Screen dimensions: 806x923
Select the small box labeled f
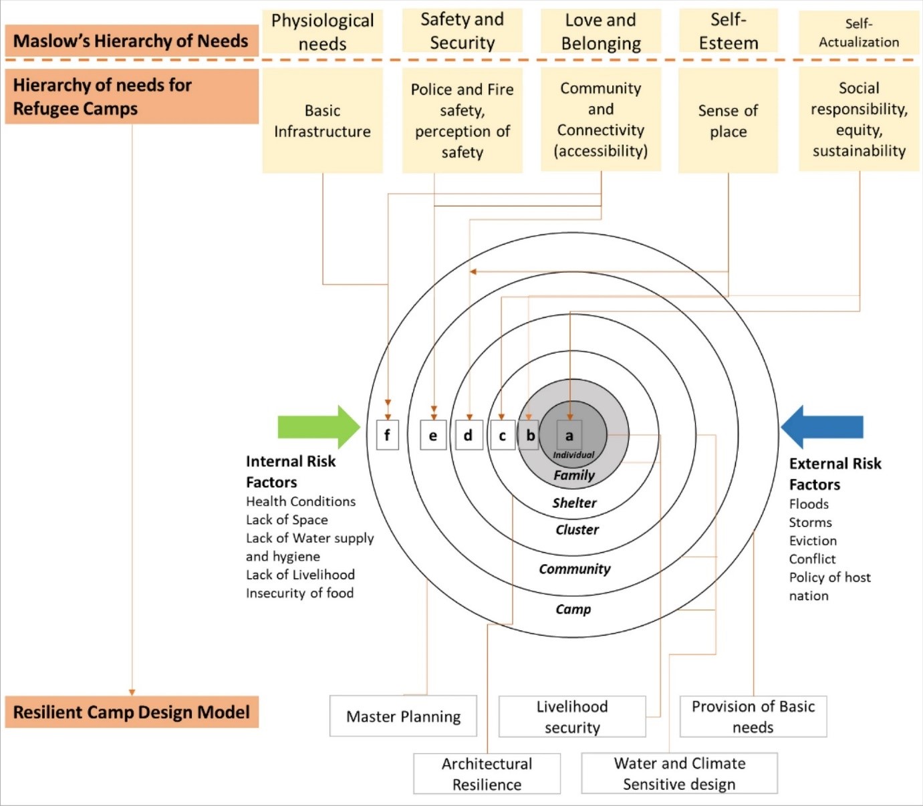(x=388, y=435)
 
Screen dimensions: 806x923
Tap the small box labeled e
(x=433, y=436)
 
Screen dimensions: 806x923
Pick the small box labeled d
(x=469, y=435)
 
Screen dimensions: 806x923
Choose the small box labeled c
(x=503, y=436)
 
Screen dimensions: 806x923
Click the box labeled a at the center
(x=569, y=436)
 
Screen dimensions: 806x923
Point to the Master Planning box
(x=403, y=716)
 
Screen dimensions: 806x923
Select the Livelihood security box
(x=572, y=716)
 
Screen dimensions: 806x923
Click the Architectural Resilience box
(x=487, y=774)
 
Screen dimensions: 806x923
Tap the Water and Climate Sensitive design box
(x=679, y=773)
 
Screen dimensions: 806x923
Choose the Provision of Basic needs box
(x=753, y=716)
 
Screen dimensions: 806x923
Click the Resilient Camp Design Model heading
(x=132, y=712)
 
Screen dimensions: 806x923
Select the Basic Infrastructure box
(x=322, y=121)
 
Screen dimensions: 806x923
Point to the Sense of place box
(x=728, y=121)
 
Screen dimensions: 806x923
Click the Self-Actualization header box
(x=859, y=33)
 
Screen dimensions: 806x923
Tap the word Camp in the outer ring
(x=573, y=610)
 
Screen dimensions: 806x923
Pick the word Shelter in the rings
(x=574, y=503)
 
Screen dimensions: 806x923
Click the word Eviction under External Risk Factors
(x=813, y=541)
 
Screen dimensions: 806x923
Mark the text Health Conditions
(x=301, y=501)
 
